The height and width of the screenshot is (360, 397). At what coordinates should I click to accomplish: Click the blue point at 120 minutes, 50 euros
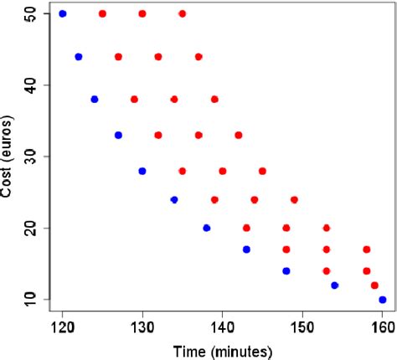[63, 13]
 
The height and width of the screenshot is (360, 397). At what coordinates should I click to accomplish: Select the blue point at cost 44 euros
[79, 56]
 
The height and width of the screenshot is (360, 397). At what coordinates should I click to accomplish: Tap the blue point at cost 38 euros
[95, 99]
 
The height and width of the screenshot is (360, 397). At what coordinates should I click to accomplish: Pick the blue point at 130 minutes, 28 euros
[142, 171]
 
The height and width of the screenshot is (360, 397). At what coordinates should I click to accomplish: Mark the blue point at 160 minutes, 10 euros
[383, 299]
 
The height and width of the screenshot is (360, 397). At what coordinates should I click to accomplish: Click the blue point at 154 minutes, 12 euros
[335, 285]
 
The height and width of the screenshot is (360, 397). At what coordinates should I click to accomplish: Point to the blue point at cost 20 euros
[207, 228]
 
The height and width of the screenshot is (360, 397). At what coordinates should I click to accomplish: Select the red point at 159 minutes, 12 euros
[374, 285]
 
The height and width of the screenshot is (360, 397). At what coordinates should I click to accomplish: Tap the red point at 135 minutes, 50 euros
[183, 13]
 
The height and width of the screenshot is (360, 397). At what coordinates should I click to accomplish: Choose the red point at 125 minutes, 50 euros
[102, 13]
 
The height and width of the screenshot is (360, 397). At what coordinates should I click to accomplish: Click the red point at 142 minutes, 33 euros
[239, 135]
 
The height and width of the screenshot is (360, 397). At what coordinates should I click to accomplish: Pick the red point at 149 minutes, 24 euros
[294, 199]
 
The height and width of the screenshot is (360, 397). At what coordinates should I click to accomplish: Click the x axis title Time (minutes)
[222, 350]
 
